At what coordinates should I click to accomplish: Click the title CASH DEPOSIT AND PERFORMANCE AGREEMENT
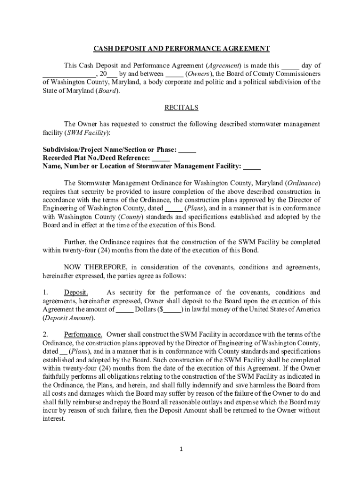click(181, 49)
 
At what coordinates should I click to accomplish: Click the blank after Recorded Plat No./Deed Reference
click(161, 158)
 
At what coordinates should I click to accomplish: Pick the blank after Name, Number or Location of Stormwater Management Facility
click(252, 166)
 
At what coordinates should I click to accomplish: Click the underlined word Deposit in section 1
click(76, 292)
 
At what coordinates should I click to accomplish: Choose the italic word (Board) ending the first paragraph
click(107, 91)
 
